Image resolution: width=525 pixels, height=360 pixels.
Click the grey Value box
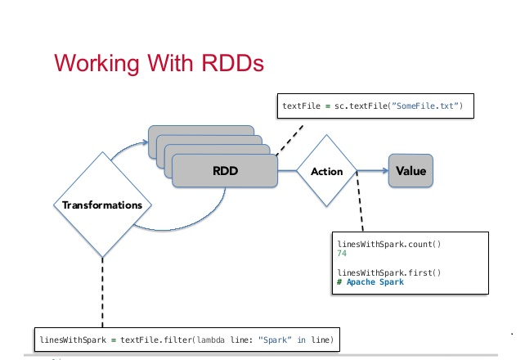pos(411,172)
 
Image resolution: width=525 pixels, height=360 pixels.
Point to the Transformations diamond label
pos(102,205)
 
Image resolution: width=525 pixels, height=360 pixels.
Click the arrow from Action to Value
pos(372,172)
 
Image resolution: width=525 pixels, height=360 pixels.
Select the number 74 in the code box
pos(342,254)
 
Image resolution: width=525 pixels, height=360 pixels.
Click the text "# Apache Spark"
pos(370,282)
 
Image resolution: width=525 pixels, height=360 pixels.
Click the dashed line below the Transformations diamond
pos(102,295)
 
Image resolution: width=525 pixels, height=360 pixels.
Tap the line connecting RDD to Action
pos(289,172)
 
